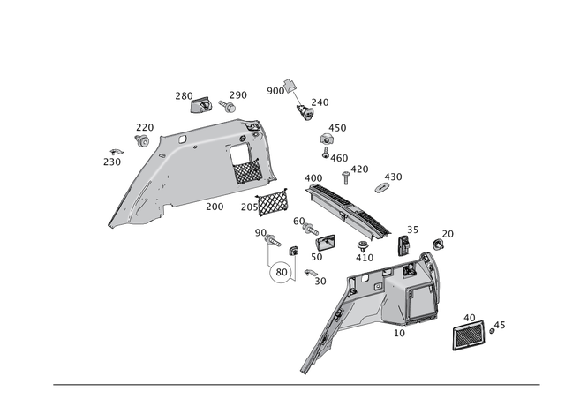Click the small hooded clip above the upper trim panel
point(200,104)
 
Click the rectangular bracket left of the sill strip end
point(324,241)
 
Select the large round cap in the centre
point(281,275)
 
